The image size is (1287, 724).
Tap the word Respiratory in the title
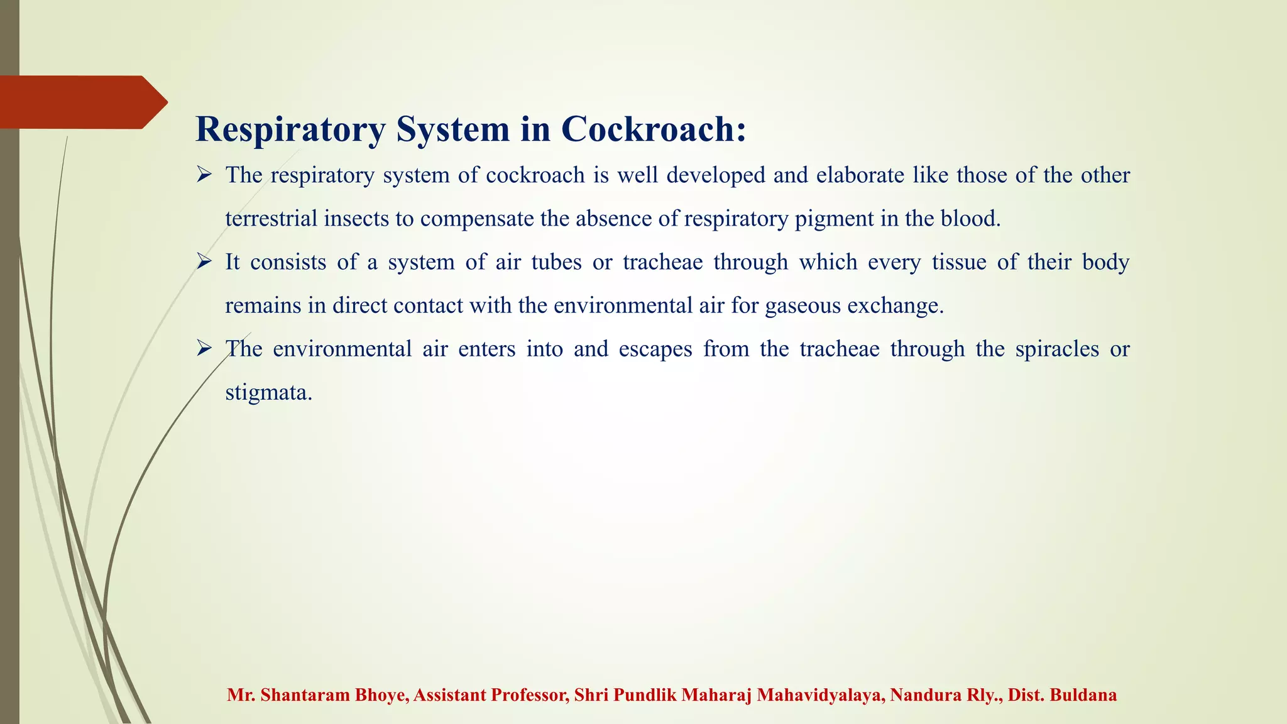290,130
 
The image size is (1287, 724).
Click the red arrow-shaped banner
82,102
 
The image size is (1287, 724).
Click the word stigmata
268,393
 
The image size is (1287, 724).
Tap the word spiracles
1057,349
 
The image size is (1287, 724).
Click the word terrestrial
271,218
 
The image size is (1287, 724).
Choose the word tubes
556,261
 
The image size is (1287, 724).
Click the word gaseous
802,306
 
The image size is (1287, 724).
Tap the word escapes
655,349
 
